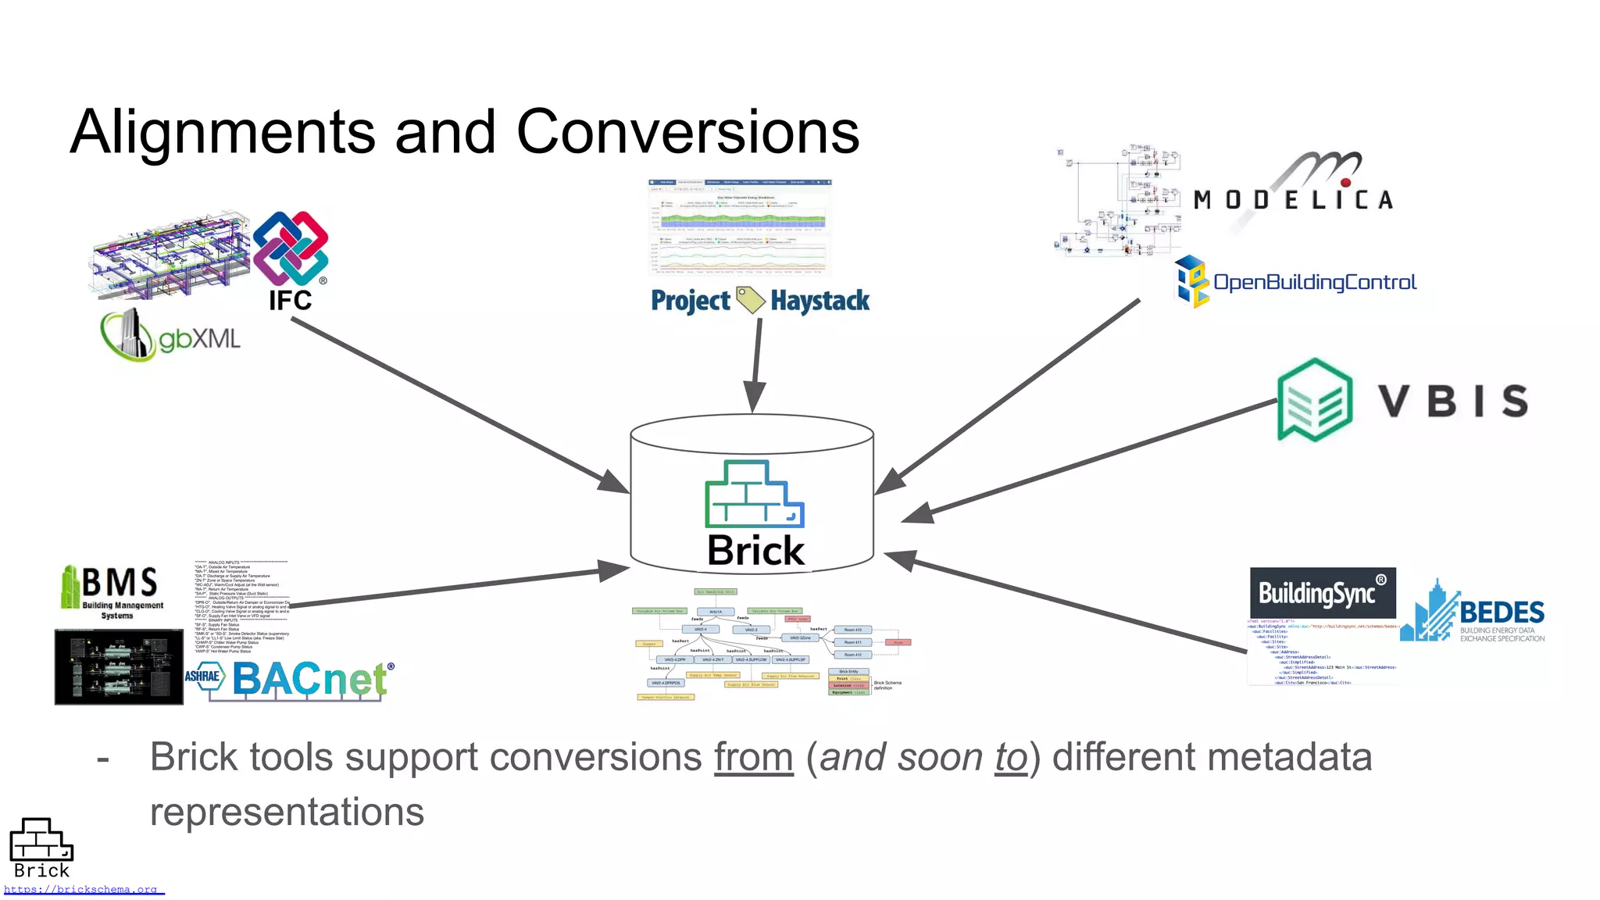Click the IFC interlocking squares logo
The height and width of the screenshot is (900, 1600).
pyautogui.click(x=291, y=248)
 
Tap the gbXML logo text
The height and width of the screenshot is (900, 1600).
pyautogui.click(x=199, y=339)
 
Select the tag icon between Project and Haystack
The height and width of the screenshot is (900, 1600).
pyautogui.click(x=750, y=300)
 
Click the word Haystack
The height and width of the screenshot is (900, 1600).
pyautogui.click(x=820, y=301)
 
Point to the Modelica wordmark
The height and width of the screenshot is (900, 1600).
pyautogui.click(x=1293, y=200)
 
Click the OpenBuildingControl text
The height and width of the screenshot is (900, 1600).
pyautogui.click(x=1314, y=282)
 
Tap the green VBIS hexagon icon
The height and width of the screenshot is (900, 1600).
pyautogui.click(x=1315, y=399)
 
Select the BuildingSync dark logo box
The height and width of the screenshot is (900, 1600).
pyautogui.click(x=1322, y=593)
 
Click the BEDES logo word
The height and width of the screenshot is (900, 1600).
pyautogui.click(x=1501, y=612)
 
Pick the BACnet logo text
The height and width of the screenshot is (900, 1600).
pyautogui.click(x=311, y=678)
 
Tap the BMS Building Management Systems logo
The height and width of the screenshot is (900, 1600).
pyautogui.click(x=113, y=591)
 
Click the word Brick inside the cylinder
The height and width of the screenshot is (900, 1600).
pyautogui.click(x=755, y=550)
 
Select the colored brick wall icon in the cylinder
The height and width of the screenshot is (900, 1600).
pyautogui.click(x=753, y=494)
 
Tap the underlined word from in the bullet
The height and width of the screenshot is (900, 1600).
pyautogui.click(x=753, y=757)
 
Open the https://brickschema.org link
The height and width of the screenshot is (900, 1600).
pyautogui.click(x=82, y=889)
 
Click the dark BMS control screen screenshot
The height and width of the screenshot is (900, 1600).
pyautogui.click(x=119, y=666)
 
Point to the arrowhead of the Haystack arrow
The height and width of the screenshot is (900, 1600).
pyautogui.click(x=753, y=398)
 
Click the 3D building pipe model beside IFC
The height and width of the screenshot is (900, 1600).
pyautogui.click(x=170, y=254)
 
